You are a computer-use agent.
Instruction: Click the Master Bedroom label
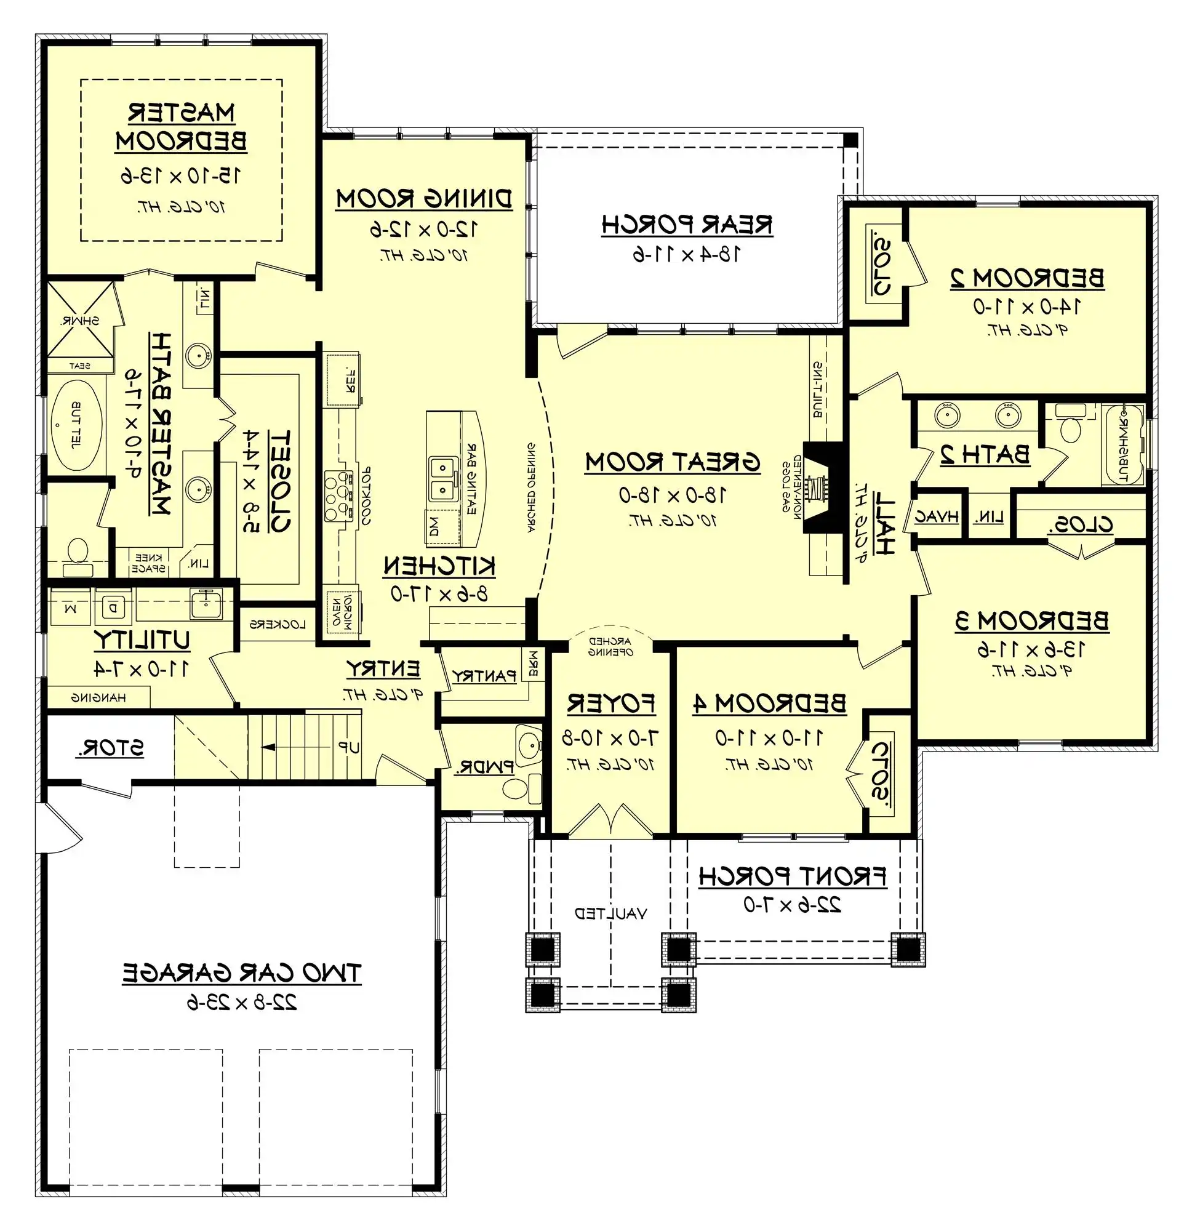click(182, 127)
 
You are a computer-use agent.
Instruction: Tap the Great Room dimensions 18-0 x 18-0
click(672, 495)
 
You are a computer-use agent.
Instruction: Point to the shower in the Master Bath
click(81, 319)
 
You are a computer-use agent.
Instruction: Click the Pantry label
click(484, 676)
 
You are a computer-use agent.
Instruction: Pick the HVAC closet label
click(937, 517)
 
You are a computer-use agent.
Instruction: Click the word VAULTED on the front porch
click(610, 913)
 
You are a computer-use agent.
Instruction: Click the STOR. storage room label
click(110, 748)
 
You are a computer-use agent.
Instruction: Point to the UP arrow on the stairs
click(270, 747)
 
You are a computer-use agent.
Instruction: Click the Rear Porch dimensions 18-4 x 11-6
click(686, 254)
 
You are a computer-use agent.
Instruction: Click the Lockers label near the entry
click(278, 624)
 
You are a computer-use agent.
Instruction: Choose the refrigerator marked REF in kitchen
click(342, 379)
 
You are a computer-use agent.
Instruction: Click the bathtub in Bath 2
click(1124, 444)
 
